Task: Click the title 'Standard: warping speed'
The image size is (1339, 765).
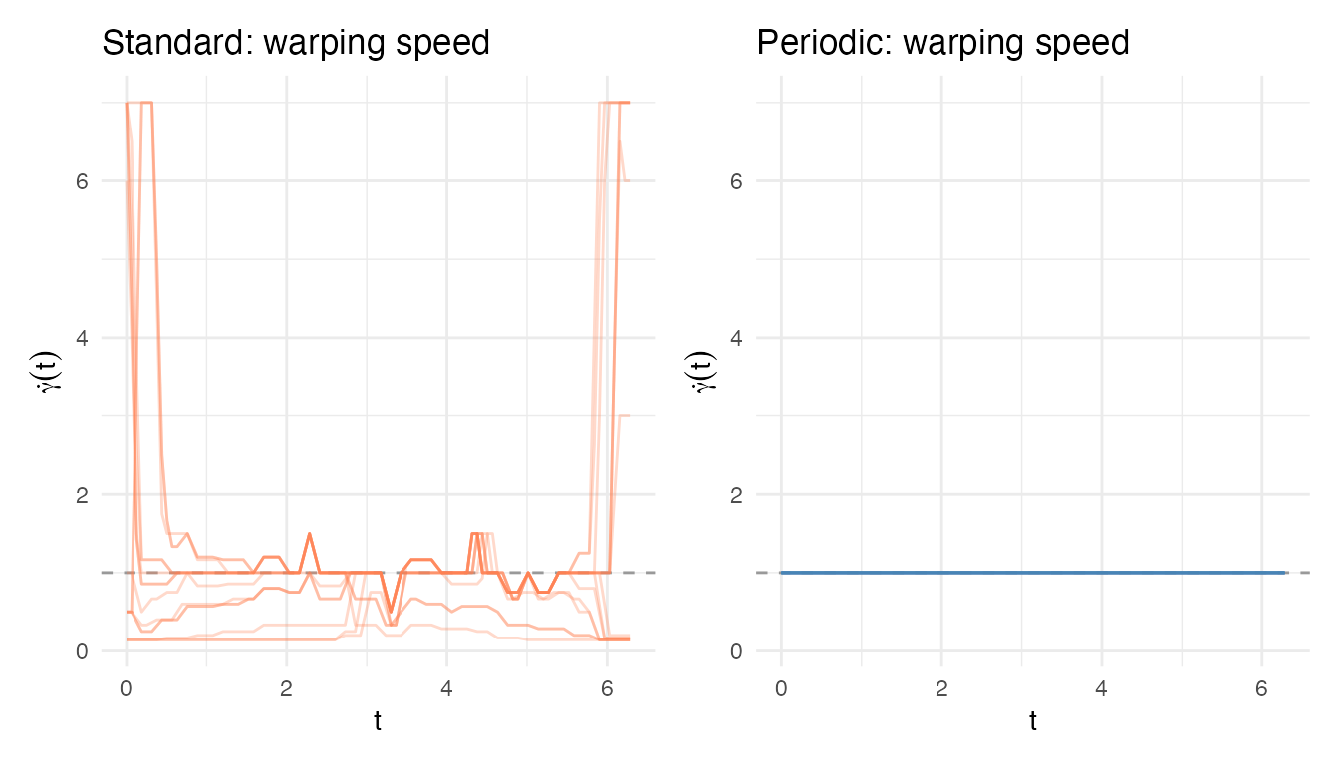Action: [296, 43]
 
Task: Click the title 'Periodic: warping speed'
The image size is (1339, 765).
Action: [942, 43]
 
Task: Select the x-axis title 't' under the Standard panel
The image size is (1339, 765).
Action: [378, 722]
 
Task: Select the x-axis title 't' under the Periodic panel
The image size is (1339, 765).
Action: [1033, 722]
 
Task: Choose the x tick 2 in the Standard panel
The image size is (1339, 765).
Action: [287, 687]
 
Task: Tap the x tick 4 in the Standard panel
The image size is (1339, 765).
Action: [446, 687]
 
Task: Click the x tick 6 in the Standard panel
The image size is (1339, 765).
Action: [607, 687]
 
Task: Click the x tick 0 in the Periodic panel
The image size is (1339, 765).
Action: [781, 687]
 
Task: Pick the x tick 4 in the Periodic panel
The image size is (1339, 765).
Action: [1101, 687]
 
